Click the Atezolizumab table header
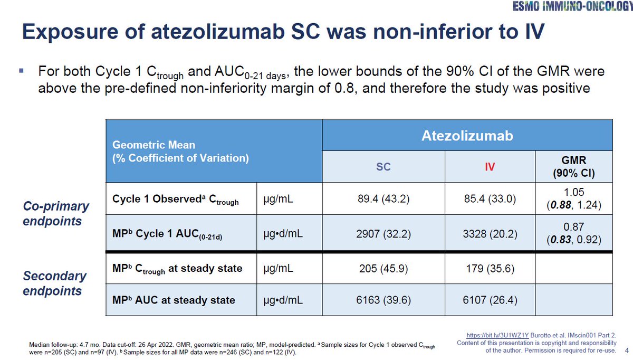pyautogui.click(x=467, y=136)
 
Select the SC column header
pyautogui.click(x=383, y=167)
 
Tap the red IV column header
pyautogui.click(x=491, y=167)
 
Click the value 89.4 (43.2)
pyautogui.click(x=383, y=200)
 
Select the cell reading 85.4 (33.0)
pyautogui.click(x=491, y=200)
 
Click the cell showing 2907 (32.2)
pyautogui.click(x=383, y=233)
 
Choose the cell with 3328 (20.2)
pyautogui.click(x=491, y=233)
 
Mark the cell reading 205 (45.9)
pyautogui.click(x=383, y=268)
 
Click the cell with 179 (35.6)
pyautogui.click(x=491, y=268)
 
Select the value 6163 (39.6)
pyautogui.click(x=383, y=300)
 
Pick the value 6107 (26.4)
pyautogui.click(x=491, y=300)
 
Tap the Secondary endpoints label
pyautogui.click(x=54, y=283)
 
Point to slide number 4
pyautogui.click(x=626, y=350)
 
